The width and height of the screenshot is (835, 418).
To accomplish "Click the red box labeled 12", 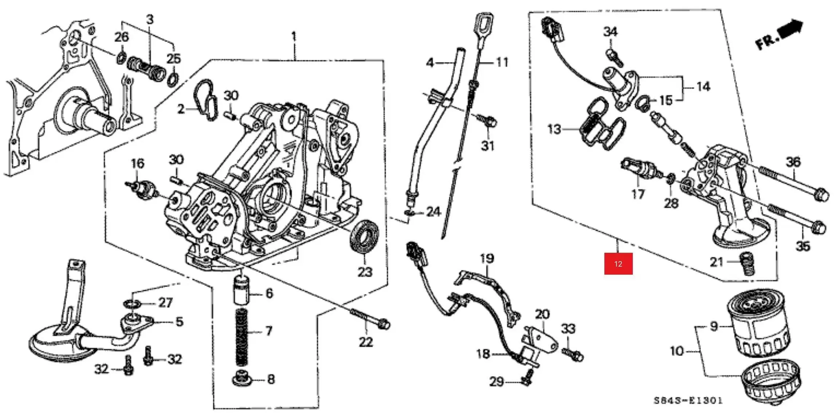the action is pos(618,263).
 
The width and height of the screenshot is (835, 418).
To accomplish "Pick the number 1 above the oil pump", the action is pos(294,36).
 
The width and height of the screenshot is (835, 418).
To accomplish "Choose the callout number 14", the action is pos(703,86).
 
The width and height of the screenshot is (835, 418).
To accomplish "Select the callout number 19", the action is pos(487,259).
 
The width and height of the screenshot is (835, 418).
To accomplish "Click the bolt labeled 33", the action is pos(573,354).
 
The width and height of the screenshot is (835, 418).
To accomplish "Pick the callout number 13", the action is pos(554,129).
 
